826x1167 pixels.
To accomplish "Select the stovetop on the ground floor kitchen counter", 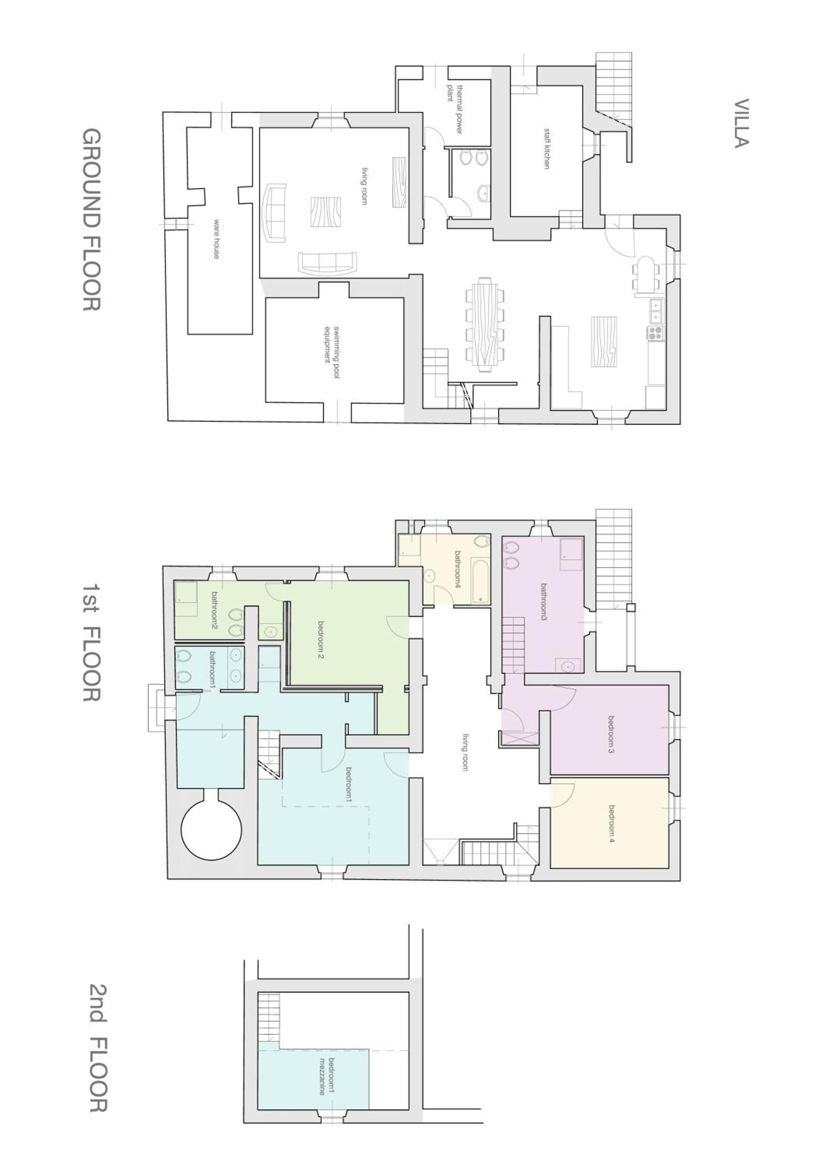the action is (655, 333).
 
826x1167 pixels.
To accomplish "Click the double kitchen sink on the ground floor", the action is (657, 310).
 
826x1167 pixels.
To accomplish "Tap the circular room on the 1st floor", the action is (212, 832).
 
